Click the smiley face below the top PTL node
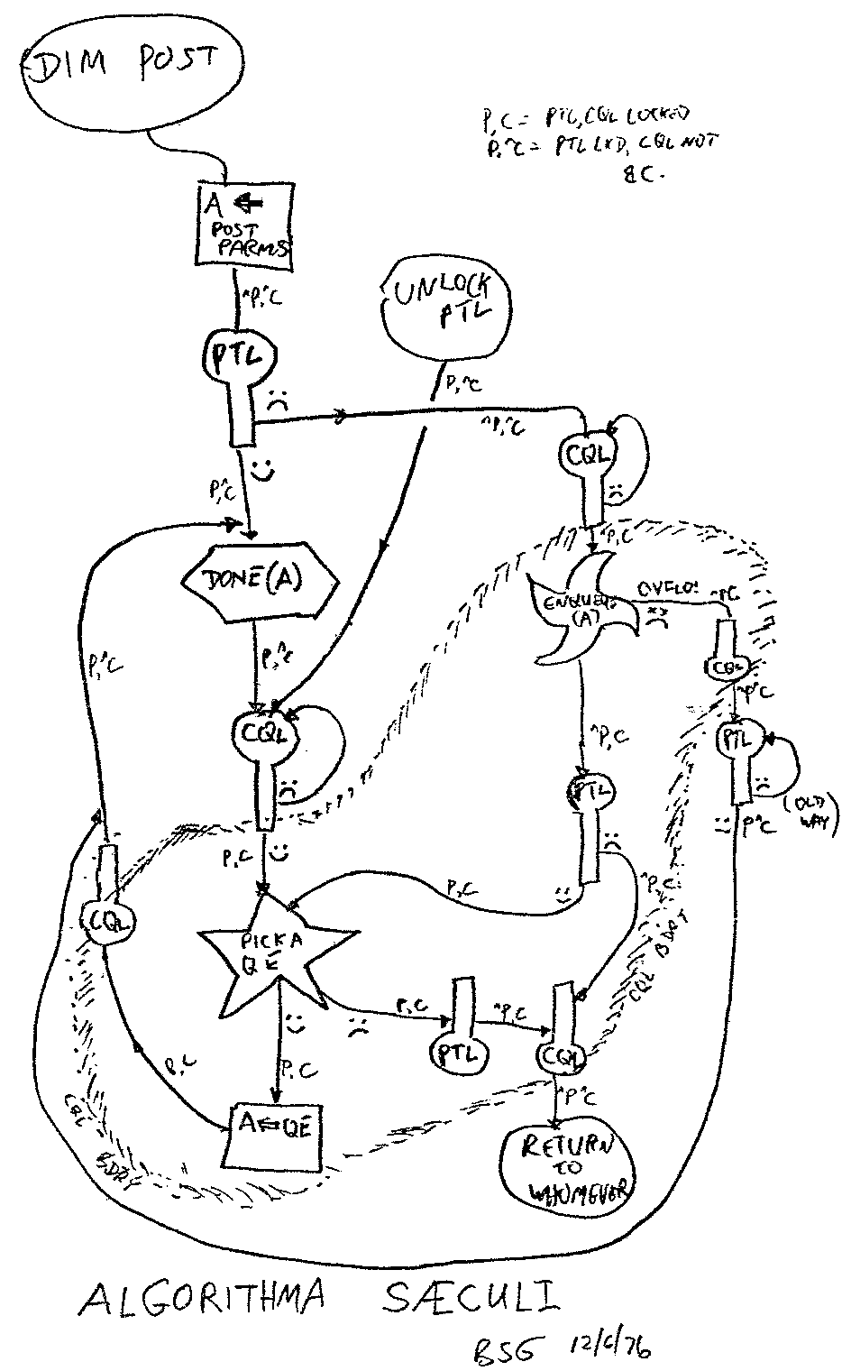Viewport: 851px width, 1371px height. click(261, 470)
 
